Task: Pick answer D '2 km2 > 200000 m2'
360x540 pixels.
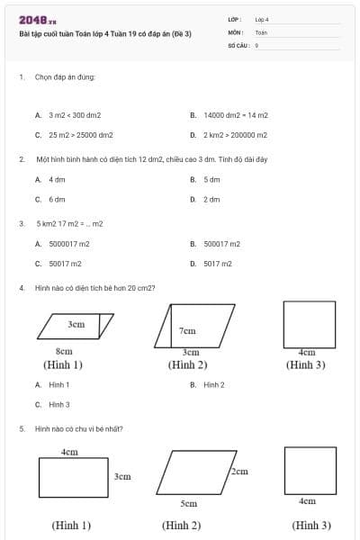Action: [x=235, y=135]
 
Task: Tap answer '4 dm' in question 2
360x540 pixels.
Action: [x=57, y=179]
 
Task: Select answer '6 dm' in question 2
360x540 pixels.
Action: [x=57, y=199]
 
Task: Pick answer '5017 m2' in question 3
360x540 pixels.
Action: [x=217, y=264]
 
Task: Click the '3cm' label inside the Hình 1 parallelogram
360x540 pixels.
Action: [x=76, y=323]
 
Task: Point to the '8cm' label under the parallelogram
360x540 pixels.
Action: [x=64, y=351]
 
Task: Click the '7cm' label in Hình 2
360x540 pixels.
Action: [x=187, y=330]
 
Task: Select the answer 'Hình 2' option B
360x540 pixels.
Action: [x=213, y=384]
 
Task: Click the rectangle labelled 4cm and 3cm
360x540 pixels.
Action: [x=72, y=476]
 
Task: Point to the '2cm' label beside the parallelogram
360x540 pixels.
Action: [x=238, y=471]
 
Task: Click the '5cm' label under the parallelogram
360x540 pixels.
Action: [x=188, y=504]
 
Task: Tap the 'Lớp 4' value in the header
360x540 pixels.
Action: [x=262, y=19]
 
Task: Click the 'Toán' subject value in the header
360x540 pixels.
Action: [x=261, y=31]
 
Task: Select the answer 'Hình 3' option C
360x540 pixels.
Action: [x=58, y=405]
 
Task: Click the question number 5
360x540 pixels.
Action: [x=21, y=429]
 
